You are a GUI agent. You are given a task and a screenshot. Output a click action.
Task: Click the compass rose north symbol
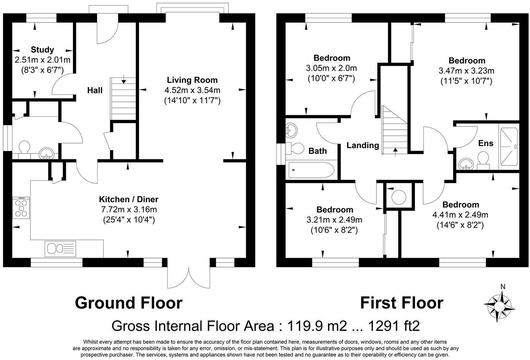pyautogui.click(x=499, y=305)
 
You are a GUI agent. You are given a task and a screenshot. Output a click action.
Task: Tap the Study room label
pyautogui.click(x=42, y=50)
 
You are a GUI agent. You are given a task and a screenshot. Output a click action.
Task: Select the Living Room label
pyautogui.click(x=192, y=80)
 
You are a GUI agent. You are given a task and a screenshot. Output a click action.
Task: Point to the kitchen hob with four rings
pyautogui.click(x=21, y=208)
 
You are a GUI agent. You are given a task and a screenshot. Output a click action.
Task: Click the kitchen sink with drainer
pyautogui.click(x=60, y=248)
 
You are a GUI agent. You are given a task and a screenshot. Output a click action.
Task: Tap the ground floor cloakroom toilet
pyautogui.click(x=25, y=147)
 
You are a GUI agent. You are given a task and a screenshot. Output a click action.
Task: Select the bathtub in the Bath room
pyautogui.click(x=311, y=170)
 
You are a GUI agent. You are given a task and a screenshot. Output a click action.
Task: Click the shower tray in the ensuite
pyautogui.click(x=508, y=147)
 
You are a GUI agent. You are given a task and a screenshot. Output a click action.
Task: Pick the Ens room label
pyautogui.click(x=485, y=144)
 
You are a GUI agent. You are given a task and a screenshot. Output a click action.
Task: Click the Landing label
pyautogui.click(x=363, y=145)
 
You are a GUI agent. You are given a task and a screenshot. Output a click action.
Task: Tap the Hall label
pyautogui.click(x=95, y=90)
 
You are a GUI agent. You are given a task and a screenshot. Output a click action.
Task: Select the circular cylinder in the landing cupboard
pyautogui.click(x=399, y=196)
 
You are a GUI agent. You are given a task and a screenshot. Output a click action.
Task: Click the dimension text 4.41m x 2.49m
pyautogui.click(x=460, y=215)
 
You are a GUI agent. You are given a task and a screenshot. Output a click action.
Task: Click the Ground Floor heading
pyautogui.click(x=128, y=303)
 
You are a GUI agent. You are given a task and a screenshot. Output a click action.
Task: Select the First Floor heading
pyautogui.click(x=401, y=303)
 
